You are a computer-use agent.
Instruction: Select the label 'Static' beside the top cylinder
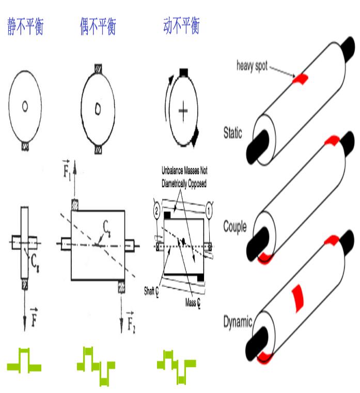tap(235, 134)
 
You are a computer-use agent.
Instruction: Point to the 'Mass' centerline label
tap(193, 300)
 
